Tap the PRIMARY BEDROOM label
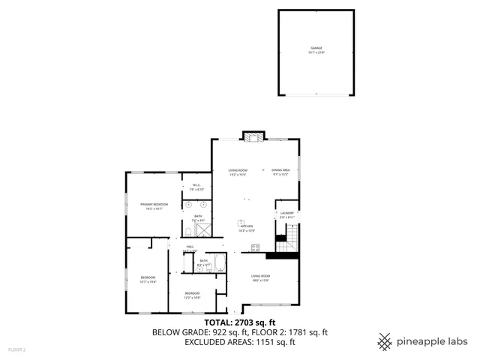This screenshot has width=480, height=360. pos(154,204)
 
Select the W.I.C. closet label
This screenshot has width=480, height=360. pos(196,185)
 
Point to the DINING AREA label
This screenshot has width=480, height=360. pos(280,170)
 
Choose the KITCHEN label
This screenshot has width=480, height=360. pos(246,226)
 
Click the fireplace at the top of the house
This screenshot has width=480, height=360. pos(253,136)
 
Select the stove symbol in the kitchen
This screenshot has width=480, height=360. pos(255,247)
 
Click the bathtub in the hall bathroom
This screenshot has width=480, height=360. pos(220,262)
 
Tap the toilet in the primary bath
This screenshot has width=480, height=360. pos(187,232)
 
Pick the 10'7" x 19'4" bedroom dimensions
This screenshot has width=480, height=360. pos(148,282)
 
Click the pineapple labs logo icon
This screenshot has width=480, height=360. pos(385,340)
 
